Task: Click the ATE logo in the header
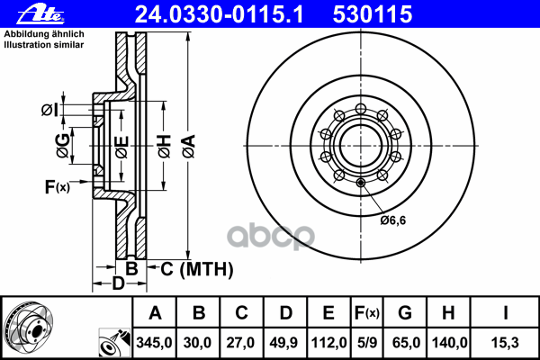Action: click(40, 14)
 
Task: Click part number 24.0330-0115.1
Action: click(219, 14)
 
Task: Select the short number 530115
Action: click(373, 14)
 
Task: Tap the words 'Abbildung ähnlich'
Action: click(44, 34)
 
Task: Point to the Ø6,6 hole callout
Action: click(393, 220)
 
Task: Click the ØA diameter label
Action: click(189, 147)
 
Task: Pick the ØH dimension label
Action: click(165, 147)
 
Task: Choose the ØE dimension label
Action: click(122, 147)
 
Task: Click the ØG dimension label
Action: click(63, 146)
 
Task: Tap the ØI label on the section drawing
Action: click(49, 110)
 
